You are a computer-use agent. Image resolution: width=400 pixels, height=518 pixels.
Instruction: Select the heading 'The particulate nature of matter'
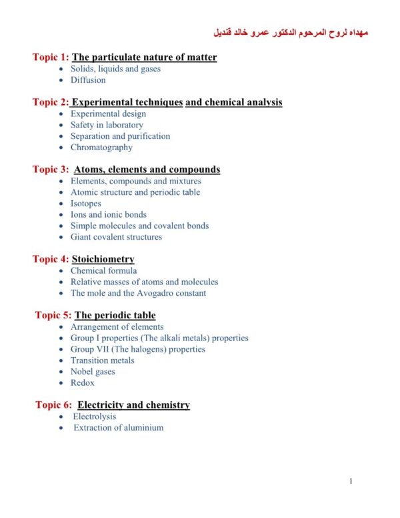[144, 57]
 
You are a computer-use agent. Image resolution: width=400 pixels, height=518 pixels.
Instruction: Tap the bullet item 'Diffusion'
[88, 80]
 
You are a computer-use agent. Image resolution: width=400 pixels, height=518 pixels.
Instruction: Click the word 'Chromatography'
[101, 148]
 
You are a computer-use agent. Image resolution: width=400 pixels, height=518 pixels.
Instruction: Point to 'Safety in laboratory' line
[107, 125]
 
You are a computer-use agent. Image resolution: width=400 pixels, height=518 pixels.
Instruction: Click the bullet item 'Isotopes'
[86, 204]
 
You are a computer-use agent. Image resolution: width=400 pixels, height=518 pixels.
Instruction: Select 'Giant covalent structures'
[116, 237]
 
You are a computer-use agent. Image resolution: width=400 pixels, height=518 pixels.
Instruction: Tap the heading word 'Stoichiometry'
[103, 259]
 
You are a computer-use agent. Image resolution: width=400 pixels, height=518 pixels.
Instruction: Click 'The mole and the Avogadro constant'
[138, 293]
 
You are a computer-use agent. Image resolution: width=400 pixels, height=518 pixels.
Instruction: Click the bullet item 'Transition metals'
[103, 360]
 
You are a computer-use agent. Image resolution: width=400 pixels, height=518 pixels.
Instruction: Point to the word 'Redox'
[83, 383]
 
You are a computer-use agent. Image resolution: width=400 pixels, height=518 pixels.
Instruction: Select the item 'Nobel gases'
[93, 372]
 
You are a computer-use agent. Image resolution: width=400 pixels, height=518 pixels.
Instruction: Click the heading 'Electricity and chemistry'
[133, 405]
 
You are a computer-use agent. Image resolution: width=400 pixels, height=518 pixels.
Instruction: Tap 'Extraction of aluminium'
[118, 428]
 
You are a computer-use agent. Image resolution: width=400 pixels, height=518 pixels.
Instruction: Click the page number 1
[351, 481]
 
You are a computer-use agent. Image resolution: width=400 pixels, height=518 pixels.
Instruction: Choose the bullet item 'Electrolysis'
[94, 417]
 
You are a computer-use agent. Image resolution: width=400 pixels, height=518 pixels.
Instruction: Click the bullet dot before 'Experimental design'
[62, 114]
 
